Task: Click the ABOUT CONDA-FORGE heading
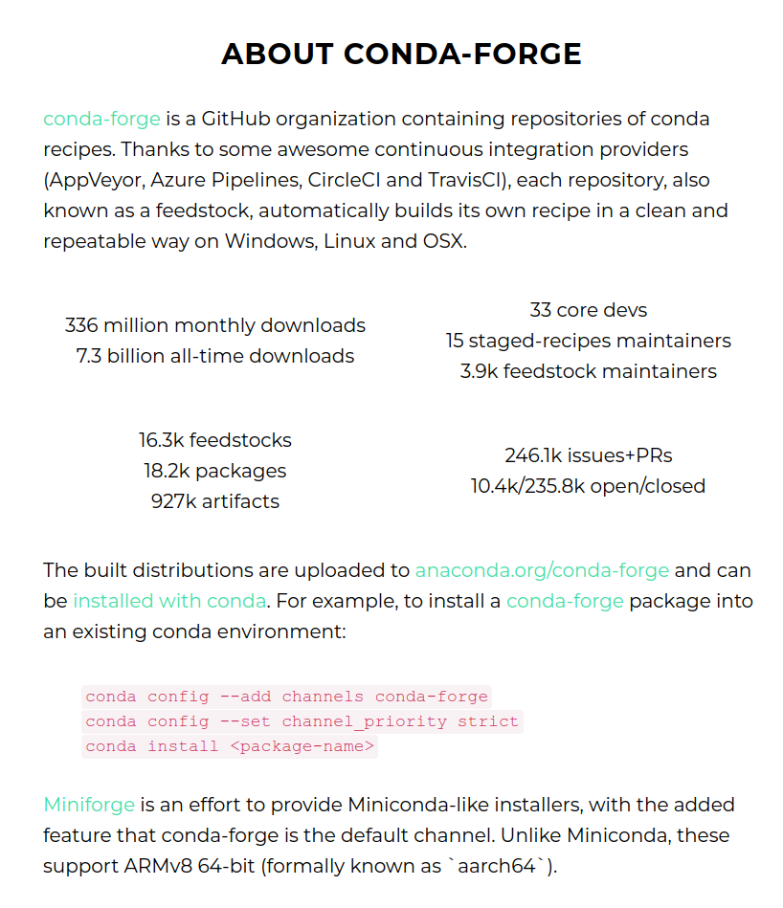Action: pos(401,54)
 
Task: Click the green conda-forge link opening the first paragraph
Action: pos(101,120)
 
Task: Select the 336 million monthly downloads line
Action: pos(215,325)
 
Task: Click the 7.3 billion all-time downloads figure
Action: pos(215,356)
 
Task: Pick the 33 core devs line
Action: pos(588,310)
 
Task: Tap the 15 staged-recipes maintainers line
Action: pos(588,341)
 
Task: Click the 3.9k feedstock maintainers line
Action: pos(588,371)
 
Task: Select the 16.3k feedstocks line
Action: pos(215,440)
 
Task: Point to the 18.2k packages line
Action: pos(215,471)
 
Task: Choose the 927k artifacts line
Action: pos(215,501)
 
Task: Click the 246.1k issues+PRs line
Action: pos(588,455)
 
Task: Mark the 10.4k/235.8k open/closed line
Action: pos(588,486)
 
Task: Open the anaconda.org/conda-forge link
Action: pos(542,570)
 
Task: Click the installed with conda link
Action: pos(169,601)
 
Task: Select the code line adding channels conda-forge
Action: pos(286,697)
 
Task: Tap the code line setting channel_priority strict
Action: pos(302,721)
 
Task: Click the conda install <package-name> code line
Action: pos(230,746)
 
